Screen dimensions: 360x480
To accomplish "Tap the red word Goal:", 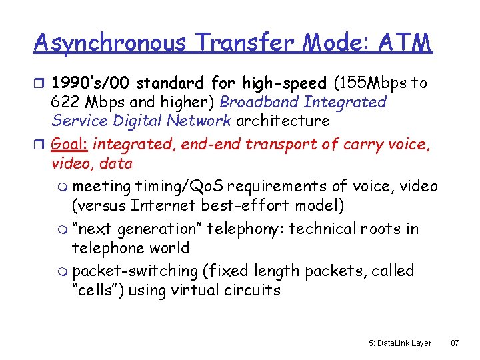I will point(71,144).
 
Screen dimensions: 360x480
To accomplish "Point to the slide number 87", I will point(455,343).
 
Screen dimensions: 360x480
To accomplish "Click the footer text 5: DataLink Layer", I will point(399,343).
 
